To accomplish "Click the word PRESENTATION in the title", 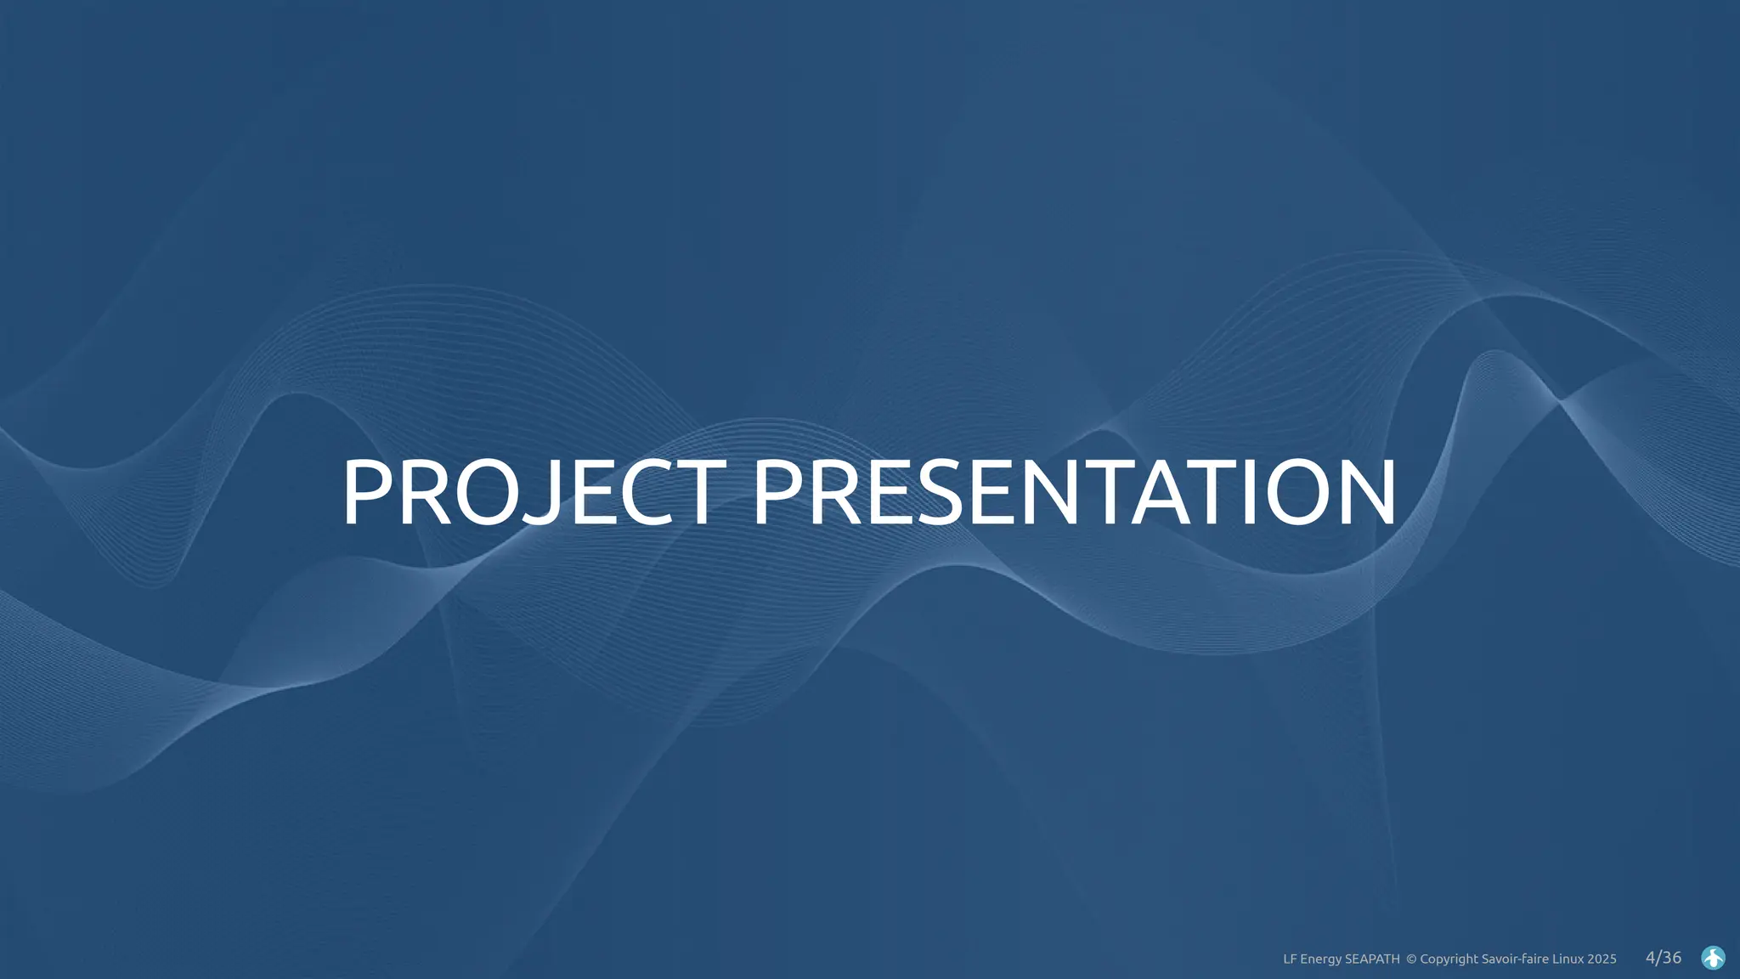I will (1074, 493).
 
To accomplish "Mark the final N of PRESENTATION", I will (1364, 493).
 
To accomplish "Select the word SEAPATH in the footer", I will (1372, 959).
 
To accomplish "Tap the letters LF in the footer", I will (1290, 959).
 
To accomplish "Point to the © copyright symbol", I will (1411, 959).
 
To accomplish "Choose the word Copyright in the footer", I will (1449, 959).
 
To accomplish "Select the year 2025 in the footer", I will (1602, 959).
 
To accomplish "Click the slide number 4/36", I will (1664, 958).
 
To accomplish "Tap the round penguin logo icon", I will (1713, 958).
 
